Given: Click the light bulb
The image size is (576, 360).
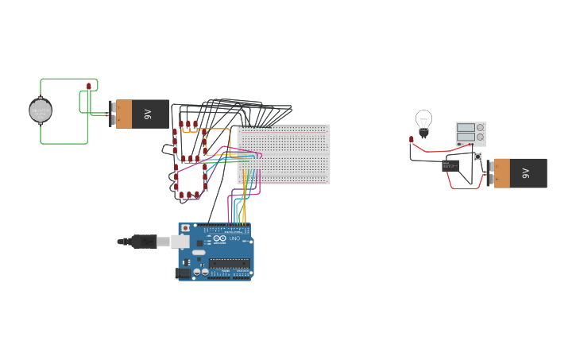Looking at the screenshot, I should pyautogui.click(x=423, y=122).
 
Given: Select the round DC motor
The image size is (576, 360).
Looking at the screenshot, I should pyautogui.click(x=41, y=110).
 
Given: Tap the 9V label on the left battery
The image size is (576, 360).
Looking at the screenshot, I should pyautogui.click(x=148, y=114).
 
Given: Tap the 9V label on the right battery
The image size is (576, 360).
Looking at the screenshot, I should pyautogui.click(x=525, y=173).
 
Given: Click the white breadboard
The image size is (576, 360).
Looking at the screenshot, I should pyautogui.click(x=284, y=153).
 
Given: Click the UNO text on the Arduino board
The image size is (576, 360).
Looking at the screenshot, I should pyautogui.click(x=234, y=238).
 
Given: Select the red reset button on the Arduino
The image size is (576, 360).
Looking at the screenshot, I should pyautogui.click(x=186, y=228).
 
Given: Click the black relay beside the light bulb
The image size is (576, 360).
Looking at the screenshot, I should pyautogui.click(x=450, y=165).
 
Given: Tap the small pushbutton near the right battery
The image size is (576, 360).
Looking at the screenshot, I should pyautogui.click(x=478, y=157).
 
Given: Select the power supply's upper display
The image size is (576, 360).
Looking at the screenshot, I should pyautogui.click(x=466, y=127).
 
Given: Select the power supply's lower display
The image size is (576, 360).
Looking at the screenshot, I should pyautogui.click(x=466, y=137).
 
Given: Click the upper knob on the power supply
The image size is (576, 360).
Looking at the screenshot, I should pyautogui.click(x=480, y=127).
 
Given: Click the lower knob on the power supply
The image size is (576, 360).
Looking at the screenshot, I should pyautogui.click(x=480, y=137).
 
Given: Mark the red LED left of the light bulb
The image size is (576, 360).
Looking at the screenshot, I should pyautogui.click(x=412, y=140).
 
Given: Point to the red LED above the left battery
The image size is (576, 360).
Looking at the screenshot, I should pyautogui.click(x=89, y=86).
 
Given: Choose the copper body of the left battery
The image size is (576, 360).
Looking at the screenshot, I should pyautogui.click(x=124, y=114).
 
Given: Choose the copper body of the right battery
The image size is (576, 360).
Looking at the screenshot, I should pyautogui.click(x=502, y=173).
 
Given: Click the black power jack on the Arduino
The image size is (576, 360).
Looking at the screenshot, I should pyautogui.click(x=184, y=273).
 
